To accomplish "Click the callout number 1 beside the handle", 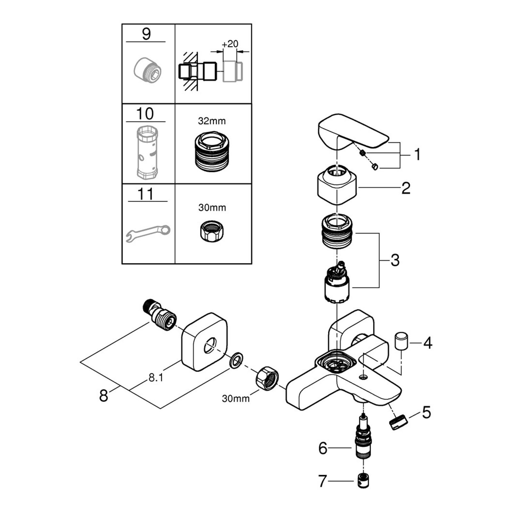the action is click(417, 155).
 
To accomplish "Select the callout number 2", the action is click(406, 188).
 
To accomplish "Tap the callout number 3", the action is click(395, 260).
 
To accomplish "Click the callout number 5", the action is click(427, 412).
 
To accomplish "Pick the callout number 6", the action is click(323, 448).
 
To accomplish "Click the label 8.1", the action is click(156, 378).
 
